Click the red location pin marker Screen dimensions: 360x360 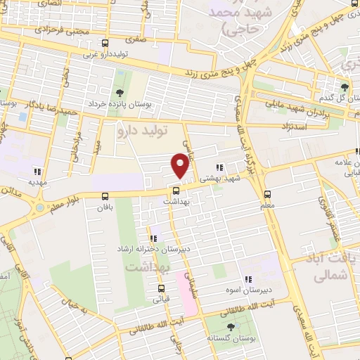click(x=180, y=166)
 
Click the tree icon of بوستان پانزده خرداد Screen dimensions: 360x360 click(x=119, y=94)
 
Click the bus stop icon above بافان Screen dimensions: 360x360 click(x=105, y=196)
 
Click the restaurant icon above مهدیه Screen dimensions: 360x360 click(x=37, y=171)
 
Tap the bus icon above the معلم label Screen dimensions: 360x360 click(x=267, y=194)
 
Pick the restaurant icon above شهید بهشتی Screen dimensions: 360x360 click(x=220, y=167)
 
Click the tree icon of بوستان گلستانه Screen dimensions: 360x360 click(x=231, y=326)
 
